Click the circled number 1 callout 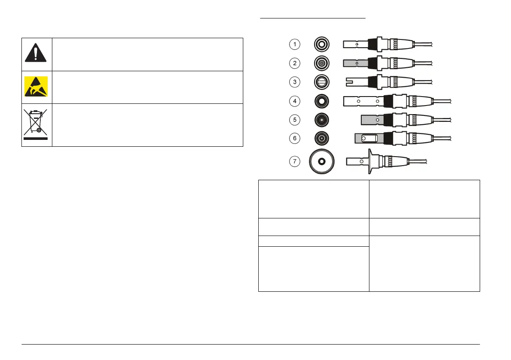294,44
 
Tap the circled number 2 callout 294,63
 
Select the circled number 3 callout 294,82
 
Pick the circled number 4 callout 294,101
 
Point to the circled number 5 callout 294,120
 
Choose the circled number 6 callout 294,139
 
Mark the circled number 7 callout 294,162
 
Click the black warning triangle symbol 36,54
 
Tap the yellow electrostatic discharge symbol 36,87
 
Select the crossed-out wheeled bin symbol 36,125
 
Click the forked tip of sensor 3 354,82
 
